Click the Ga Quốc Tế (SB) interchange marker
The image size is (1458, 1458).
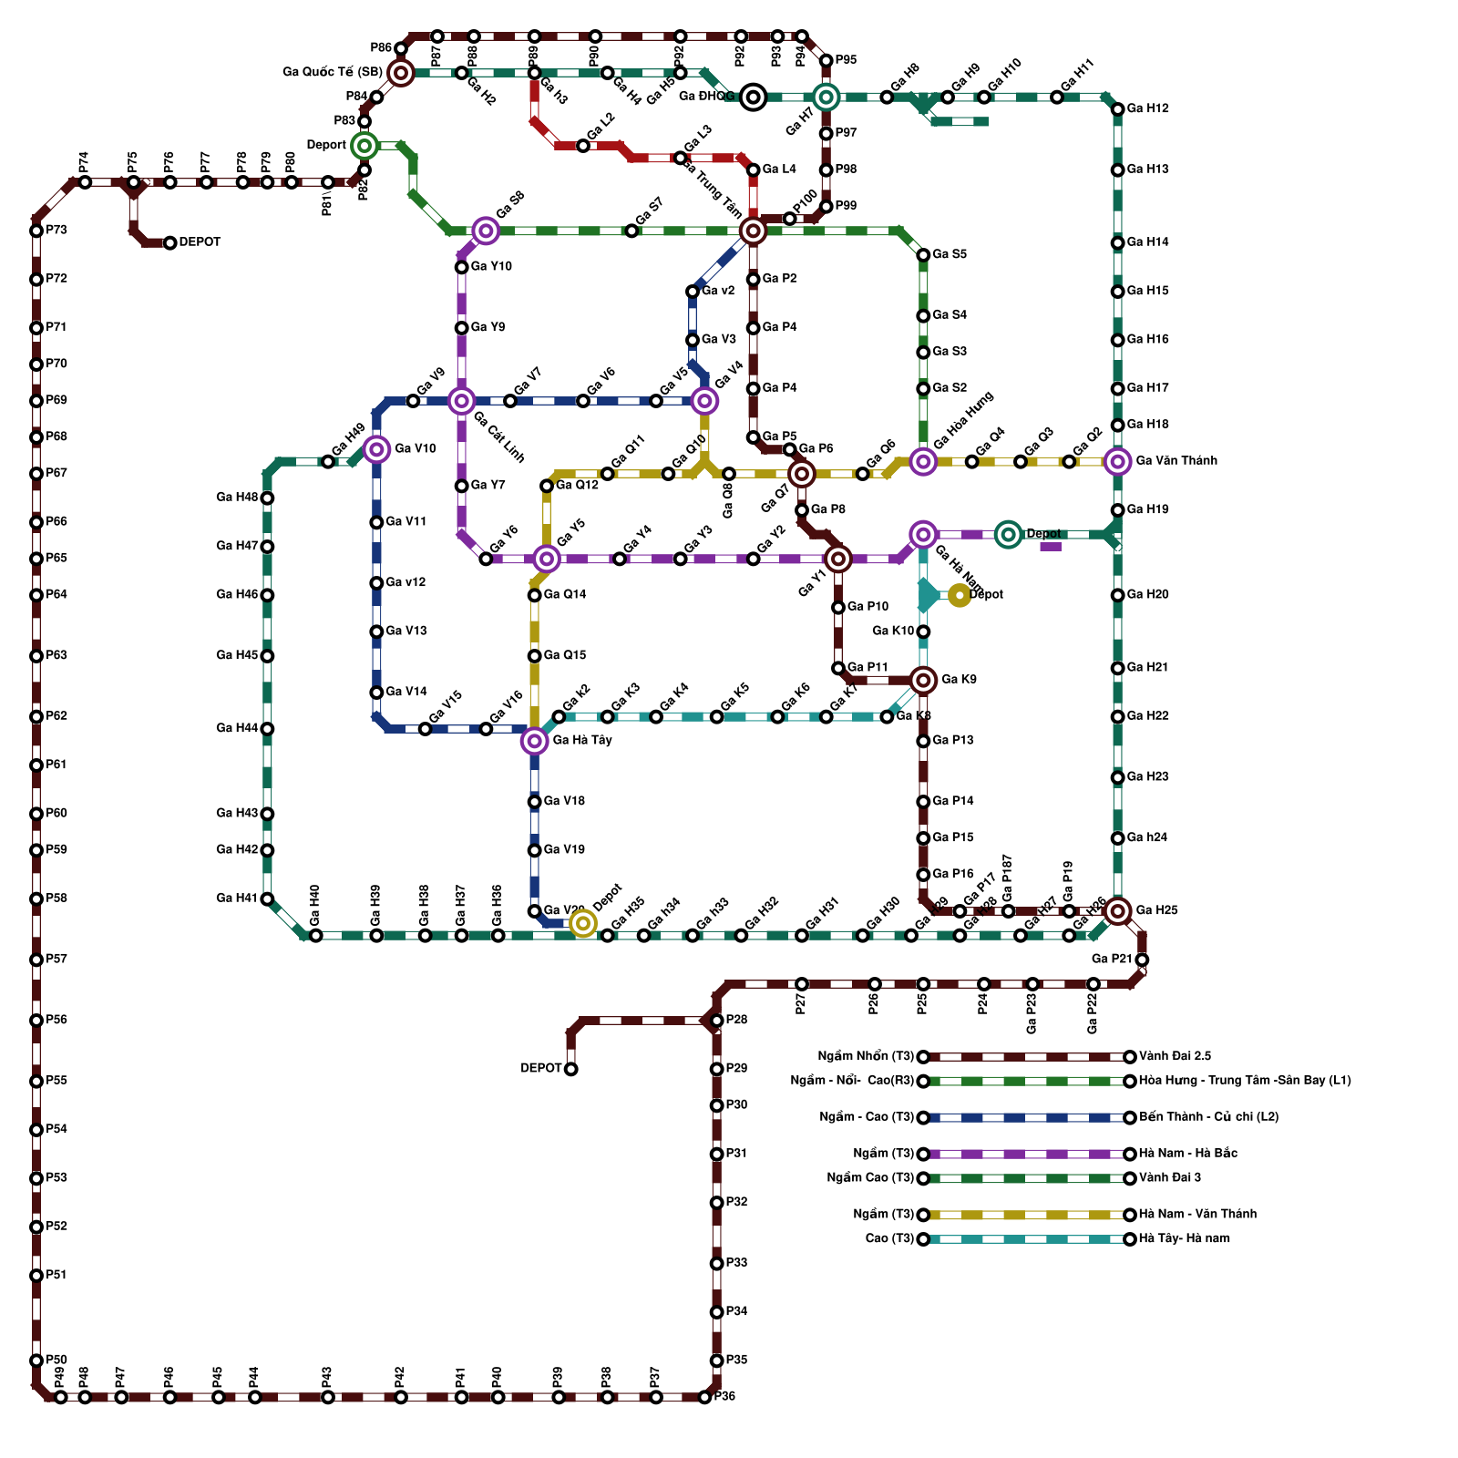[400, 73]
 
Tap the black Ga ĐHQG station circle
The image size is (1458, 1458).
[753, 97]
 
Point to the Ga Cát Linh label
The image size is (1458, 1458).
[499, 437]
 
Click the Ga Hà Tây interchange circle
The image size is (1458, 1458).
[534, 741]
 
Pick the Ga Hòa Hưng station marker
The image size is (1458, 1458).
[923, 462]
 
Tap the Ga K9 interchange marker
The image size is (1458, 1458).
[923, 680]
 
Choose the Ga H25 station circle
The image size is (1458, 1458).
[1118, 910]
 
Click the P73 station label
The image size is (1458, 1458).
[56, 231]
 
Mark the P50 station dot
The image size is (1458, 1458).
[36, 1360]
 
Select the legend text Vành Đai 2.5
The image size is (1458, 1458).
[1175, 1056]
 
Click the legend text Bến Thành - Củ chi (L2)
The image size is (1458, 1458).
[1208, 1117]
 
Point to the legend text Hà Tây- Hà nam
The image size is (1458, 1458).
[1184, 1238]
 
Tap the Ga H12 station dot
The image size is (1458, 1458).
[1118, 109]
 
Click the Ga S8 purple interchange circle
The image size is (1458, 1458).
[486, 231]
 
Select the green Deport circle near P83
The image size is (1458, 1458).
[364, 145]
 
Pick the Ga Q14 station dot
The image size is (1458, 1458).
[534, 595]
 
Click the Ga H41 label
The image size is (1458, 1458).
[236, 898]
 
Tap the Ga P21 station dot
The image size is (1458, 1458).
[1142, 960]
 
